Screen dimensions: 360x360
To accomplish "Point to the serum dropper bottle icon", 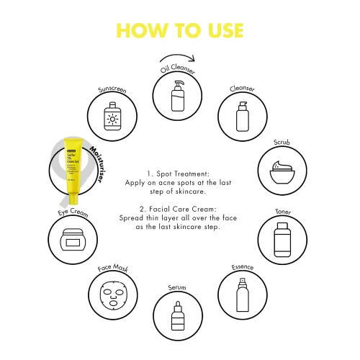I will [x=178, y=315].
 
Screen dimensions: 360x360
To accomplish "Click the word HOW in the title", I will [x=142, y=30].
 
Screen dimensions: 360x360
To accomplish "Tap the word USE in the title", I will [x=221, y=30].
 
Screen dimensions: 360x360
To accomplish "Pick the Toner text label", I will [x=283, y=212].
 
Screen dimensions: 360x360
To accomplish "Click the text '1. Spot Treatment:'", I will [x=178, y=174].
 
